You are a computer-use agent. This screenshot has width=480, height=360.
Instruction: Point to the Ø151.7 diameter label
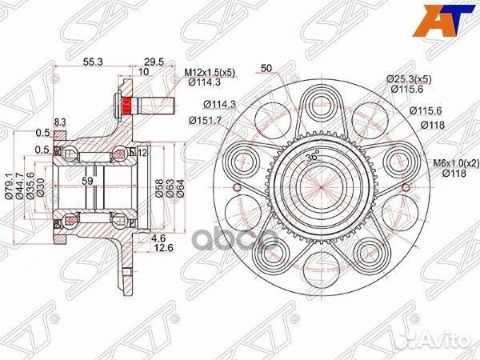pos(206,120)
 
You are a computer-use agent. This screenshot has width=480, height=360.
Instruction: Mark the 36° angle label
pos(309,158)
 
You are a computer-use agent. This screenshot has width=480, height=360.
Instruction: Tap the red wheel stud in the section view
pos(128,105)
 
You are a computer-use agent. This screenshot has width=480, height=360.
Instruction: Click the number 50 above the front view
pos(266,68)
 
